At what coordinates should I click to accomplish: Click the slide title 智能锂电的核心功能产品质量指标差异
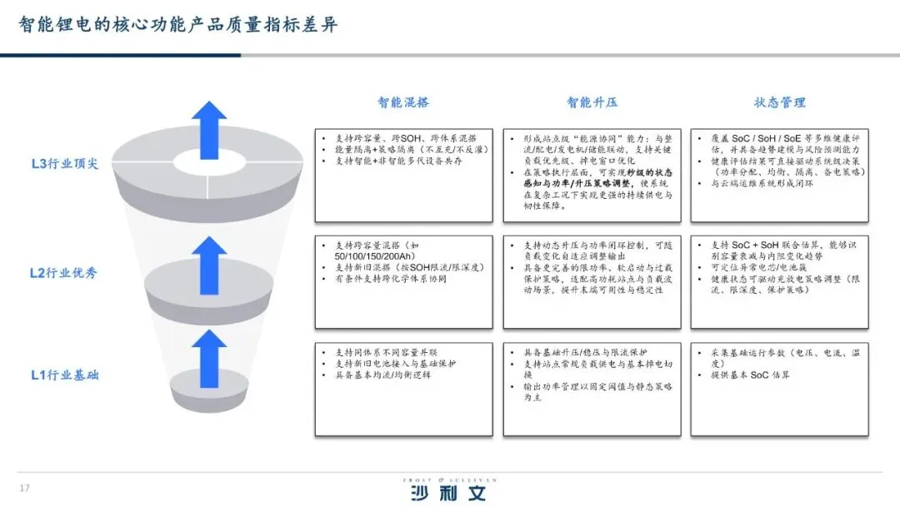pyautogui.click(x=178, y=24)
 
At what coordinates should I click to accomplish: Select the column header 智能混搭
pyautogui.click(x=403, y=102)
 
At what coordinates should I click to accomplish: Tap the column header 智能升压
pyautogui.click(x=592, y=102)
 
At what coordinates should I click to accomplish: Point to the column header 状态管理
pyautogui.click(x=780, y=102)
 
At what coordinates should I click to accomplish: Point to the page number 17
pyautogui.click(x=24, y=488)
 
